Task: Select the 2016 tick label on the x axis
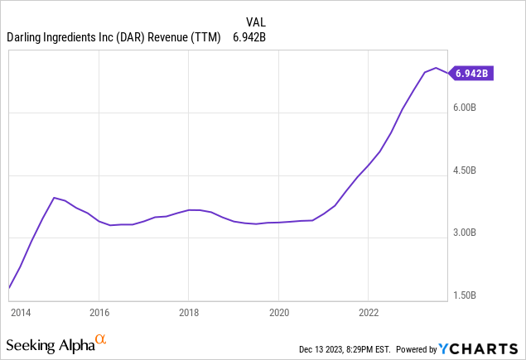(99, 313)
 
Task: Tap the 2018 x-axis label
(189, 313)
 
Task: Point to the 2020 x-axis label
(279, 313)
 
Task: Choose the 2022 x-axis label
(369, 313)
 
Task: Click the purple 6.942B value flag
(471, 74)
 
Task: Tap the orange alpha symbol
(100, 340)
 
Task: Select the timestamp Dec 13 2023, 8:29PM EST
(358, 349)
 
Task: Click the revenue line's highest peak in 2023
(436, 68)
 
